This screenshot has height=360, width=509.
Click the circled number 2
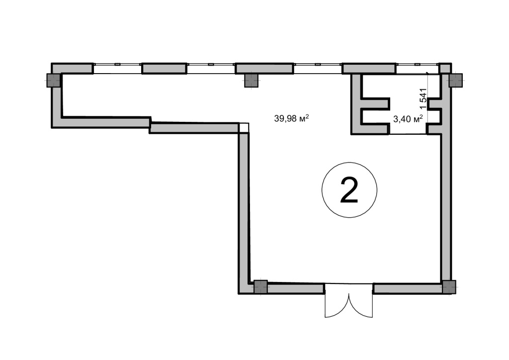[x=349, y=190]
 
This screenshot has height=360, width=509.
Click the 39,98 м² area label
[x=291, y=118]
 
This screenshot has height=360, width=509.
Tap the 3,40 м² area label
[x=408, y=119]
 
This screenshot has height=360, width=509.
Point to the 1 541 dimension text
[x=424, y=98]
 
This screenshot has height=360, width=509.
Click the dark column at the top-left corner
[x=53, y=80]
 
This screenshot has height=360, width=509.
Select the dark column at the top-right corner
[x=455, y=80]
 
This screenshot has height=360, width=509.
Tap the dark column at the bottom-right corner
[x=449, y=287]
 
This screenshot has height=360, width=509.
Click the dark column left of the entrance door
[x=260, y=287]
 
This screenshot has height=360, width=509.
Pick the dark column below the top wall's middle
[x=251, y=80]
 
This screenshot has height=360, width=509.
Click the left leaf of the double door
[x=337, y=305]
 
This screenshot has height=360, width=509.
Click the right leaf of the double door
[x=361, y=305]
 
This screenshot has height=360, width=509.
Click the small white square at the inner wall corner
[x=244, y=128]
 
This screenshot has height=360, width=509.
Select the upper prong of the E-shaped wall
[x=375, y=103]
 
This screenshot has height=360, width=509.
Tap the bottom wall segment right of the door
[x=408, y=288]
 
